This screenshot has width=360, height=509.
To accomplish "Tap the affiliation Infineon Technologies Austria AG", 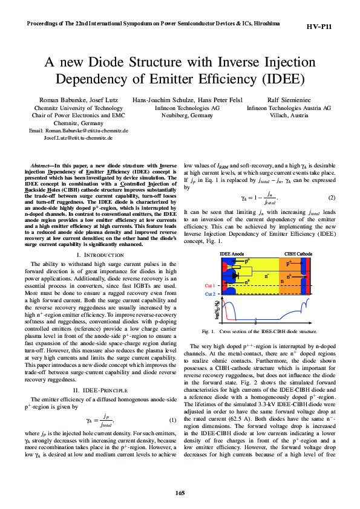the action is pos(289,108).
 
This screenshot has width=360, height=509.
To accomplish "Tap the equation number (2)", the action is pos(331,198).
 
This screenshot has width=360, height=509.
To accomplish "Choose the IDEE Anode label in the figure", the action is pos(232,254).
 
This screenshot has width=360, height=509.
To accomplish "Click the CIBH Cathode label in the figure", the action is pos(298,254).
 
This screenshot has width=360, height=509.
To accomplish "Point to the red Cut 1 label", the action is pos(210,285).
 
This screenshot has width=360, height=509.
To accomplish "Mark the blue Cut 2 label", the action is pos(210,294).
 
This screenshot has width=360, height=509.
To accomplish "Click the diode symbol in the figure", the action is pos(236,274).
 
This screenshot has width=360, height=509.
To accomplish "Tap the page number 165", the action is pos(180,493).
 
